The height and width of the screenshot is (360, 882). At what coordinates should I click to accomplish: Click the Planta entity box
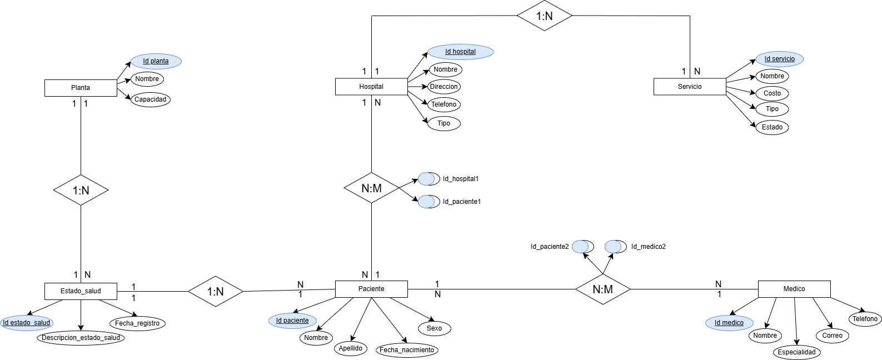pos(81,88)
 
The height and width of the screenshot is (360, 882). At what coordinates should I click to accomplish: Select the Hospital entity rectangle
pos(371,87)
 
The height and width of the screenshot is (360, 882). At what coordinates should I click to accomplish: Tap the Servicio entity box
pos(690,87)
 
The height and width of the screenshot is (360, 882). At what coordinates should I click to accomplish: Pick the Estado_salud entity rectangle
pos(81,291)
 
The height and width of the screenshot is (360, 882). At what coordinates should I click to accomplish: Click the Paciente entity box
pos(371,289)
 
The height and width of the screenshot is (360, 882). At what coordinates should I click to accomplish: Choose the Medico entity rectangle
pos(794,289)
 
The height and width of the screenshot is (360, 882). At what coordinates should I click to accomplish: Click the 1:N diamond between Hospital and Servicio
pos(545,16)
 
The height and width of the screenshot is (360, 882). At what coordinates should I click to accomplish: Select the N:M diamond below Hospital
pos(371,188)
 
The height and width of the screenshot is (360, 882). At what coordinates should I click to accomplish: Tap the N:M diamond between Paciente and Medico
pos(602,289)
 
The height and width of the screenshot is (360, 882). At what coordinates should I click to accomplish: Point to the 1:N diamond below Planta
pos(81,191)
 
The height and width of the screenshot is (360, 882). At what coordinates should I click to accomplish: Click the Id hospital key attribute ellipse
pos(460,52)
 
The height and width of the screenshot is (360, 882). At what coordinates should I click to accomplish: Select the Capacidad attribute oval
pos(151,99)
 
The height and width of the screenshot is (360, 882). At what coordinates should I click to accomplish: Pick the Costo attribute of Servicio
pos(772,93)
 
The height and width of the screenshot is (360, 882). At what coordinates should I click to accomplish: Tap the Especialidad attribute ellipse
pos(796,352)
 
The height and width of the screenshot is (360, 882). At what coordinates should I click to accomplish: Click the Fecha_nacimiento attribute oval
pos(407,350)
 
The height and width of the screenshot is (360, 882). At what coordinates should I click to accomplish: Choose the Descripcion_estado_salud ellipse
pos(81,338)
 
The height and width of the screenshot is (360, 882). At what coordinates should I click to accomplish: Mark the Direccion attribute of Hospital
pos(444,87)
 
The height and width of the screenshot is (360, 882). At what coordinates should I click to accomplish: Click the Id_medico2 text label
pos(648,247)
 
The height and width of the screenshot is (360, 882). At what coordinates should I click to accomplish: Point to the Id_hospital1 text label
pos(461,179)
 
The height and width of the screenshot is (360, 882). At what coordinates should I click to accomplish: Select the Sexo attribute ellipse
pos(434,328)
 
